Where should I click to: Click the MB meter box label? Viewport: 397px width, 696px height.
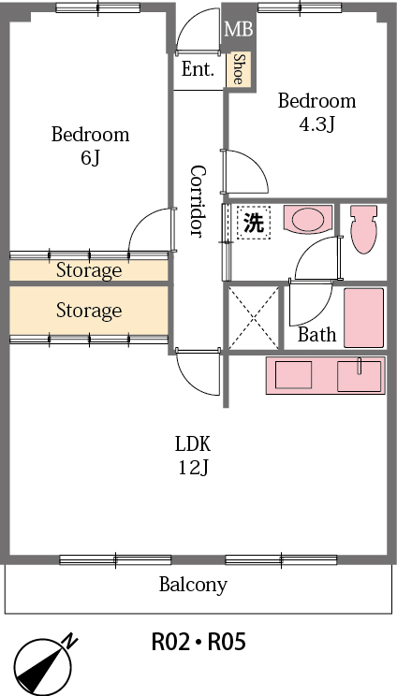(x=239, y=30)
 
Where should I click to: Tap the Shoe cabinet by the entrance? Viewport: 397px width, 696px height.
(x=239, y=69)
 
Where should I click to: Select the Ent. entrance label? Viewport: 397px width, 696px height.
(x=198, y=69)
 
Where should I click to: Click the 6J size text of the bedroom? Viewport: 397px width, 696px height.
(x=90, y=157)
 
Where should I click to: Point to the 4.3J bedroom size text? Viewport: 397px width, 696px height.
(x=316, y=123)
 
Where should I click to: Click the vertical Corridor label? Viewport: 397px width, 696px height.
(x=198, y=200)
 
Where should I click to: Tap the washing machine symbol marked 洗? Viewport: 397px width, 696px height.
(x=253, y=223)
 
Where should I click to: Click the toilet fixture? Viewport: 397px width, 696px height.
(x=362, y=229)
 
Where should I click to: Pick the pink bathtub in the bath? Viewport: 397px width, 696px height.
(x=364, y=318)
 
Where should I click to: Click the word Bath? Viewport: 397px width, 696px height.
(x=316, y=334)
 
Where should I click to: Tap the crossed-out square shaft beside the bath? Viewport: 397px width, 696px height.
(x=253, y=318)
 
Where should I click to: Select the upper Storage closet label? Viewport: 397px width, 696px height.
(x=89, y=271)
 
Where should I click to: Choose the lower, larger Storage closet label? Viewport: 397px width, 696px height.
(x=89, y=310)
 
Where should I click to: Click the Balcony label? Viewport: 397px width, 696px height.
(x=193, y=586)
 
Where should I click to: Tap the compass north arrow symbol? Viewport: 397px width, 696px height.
(x=43, y=664)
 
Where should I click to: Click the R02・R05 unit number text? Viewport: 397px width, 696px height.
(x=198, y=643)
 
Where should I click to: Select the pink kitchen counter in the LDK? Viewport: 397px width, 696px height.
(x=325, y=375)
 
